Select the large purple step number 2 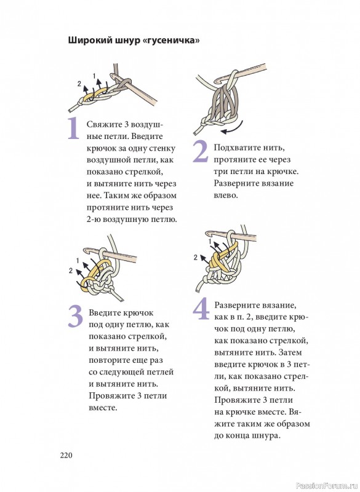200,152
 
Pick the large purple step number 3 75,316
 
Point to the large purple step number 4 201,309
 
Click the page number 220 66,455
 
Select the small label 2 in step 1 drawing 79,84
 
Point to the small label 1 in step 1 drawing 94,76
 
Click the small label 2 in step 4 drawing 196,258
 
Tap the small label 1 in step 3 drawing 78,261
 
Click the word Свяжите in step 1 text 104,125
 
